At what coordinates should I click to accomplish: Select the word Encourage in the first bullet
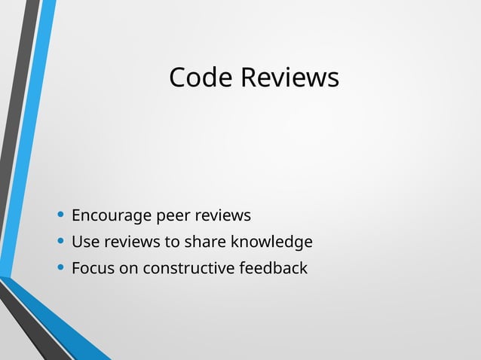[112, 216]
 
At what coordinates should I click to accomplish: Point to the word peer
[173, 216]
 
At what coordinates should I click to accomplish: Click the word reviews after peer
[222, 216]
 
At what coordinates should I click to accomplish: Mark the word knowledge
[271, 243]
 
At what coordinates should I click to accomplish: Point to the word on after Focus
[128, 268]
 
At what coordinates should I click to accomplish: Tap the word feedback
[273, 268]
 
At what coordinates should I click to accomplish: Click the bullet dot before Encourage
[60, 216]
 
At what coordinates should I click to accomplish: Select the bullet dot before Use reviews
[60, 243]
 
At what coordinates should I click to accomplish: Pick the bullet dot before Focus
[60, 268]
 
